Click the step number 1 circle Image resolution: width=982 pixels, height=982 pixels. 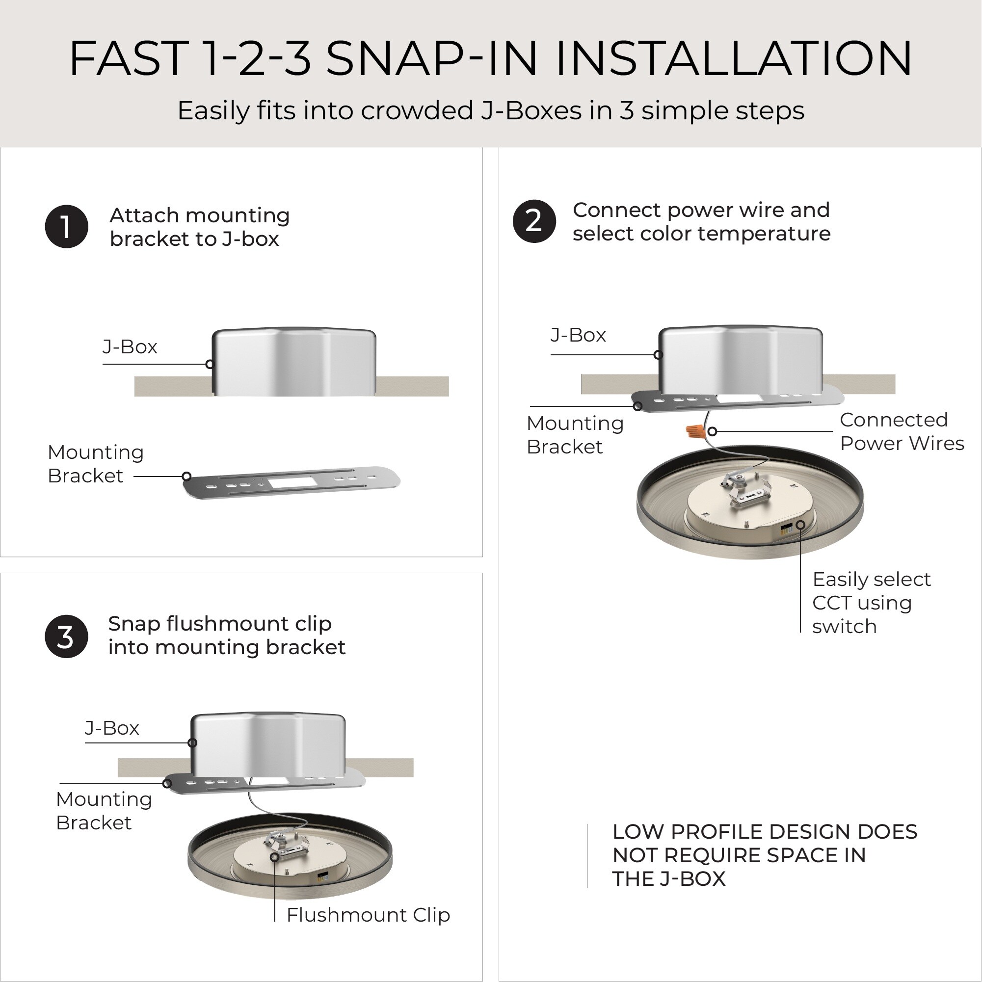pyautogui.click(x=67, y=227)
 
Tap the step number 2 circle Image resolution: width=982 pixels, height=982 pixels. pyautogui.click(x=534, y=221)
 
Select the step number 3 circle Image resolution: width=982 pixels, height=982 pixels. pyautogui.click(x=67, y=637)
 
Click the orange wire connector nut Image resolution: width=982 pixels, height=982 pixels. pyautogui.click(x=695, y=431)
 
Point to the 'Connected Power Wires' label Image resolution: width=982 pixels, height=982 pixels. pyautogui.click(x=902, y=431)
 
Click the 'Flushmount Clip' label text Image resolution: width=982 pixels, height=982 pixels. pyautogui.click(x=368, y=915)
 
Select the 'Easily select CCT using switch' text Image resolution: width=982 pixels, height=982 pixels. pyautogui.click(x=871, y=603)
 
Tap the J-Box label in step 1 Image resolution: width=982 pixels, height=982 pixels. pyautogui.click(x=130, y=346)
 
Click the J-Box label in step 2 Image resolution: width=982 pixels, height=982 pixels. pyautogui.click(x=579, y=335)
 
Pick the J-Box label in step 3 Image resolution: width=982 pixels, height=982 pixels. pyautogui.click(x=112, y=728)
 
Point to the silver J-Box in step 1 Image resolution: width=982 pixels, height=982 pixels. pyautogui.click(x=294, y=361)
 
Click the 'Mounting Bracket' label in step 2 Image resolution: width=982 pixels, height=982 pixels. pyautogui.click(x=575, y=435)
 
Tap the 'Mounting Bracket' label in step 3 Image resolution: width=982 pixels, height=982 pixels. pyautogui.click(x=104, y=811)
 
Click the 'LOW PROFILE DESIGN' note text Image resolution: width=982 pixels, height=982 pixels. pyautogui.click(x=765, y=855)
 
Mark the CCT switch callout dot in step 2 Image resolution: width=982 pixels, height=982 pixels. pyautogui.click(x=800, y=525)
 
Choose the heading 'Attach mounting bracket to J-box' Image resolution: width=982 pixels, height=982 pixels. pyautogui.click(x=200, y=227)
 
